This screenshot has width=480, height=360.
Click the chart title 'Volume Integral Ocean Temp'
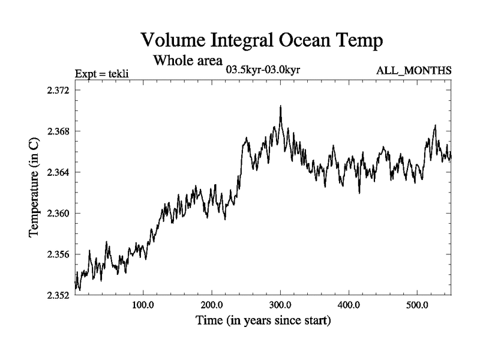click(262, 41)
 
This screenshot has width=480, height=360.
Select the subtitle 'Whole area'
click(188, 61)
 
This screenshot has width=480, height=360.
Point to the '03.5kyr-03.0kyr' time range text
click(263, 69)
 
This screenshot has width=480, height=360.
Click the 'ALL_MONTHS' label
click(413, 70)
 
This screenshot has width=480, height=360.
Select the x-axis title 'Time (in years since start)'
click(263, 321)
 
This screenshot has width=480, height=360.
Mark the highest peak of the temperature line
click(280, 106)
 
